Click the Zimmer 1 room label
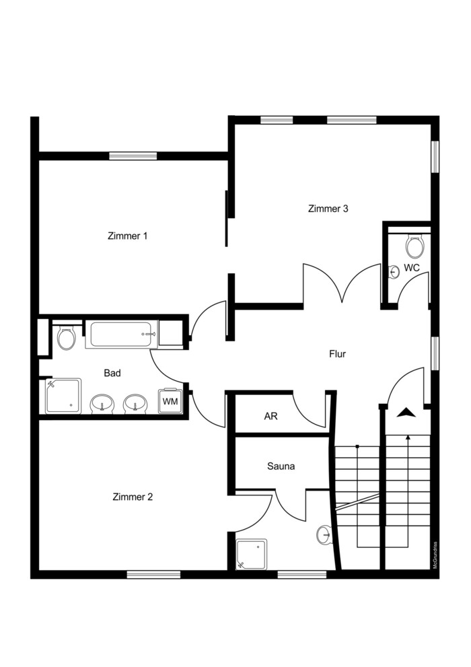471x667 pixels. click(128, 236)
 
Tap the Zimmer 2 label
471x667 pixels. click(133, 497)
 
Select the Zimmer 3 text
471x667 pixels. click(328, 209)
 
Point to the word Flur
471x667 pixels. click(338, 353)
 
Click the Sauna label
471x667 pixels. click(281, 466)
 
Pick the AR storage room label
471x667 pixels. click(270, 415)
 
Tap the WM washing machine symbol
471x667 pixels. click(170, 400)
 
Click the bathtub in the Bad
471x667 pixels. click(122, 335)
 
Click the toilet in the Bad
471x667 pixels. click(67, 338)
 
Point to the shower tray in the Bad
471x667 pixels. click(63, 396)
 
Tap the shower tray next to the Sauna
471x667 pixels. click(252, 554)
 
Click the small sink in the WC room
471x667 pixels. click(394, 271)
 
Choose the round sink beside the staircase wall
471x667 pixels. click(324, 534)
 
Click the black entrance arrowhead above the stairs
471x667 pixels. click(406, 412)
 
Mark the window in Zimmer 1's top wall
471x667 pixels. click(133, 156)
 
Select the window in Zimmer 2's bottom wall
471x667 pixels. click(153, 575)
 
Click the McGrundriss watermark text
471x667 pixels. click(435, 555)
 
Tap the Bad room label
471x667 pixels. click(112, 373)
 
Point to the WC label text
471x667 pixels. click(412, 268)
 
